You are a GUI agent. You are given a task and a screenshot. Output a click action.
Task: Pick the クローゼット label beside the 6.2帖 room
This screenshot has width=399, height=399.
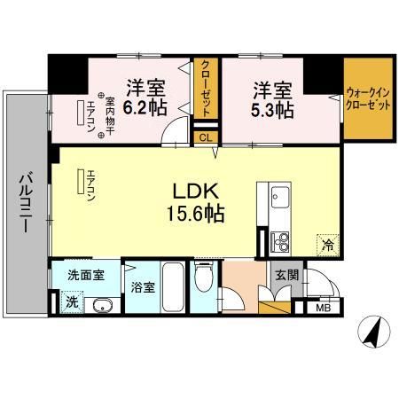[205, 89]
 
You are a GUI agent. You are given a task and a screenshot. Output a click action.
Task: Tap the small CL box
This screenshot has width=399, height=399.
[205, 137]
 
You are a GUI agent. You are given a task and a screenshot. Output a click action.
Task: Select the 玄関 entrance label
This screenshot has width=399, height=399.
[286, 276]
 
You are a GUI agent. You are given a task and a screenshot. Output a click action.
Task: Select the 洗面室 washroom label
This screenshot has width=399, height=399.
[86, 275]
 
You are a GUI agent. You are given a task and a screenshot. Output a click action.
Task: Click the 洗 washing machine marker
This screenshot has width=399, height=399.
[72, 301]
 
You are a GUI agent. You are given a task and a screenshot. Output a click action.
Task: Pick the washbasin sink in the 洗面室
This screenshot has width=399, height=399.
[98, 306]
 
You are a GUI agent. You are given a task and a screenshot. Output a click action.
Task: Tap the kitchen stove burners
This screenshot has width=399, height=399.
[280, 239]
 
